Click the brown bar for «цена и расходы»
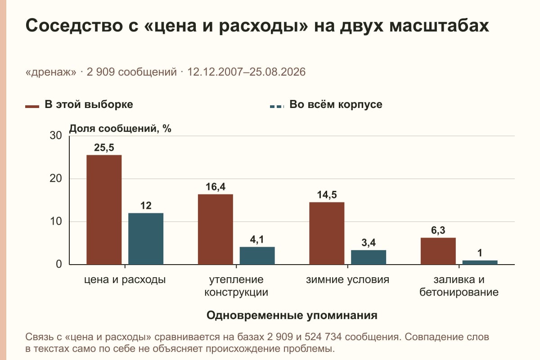(104, 210)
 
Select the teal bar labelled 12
(146, 238)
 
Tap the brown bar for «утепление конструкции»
(216, 229)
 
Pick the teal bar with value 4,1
(257, 256)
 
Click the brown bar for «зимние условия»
(327, 234)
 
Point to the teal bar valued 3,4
(369, 257)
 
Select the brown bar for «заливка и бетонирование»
(438, 251)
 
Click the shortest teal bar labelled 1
(480, 262)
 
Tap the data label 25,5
(104, 148)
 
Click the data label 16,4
(216, 187)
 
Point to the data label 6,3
(438, 230)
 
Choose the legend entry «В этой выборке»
(79, 105)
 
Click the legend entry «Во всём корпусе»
(326, 105)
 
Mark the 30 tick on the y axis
(56, 135)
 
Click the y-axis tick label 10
(56, 221)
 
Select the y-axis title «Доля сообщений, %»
(120, 129)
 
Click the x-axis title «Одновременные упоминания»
(292, 315)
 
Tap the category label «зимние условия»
(347, 280)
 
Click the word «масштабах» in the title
(439, 26)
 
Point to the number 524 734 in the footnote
(323, 337)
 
